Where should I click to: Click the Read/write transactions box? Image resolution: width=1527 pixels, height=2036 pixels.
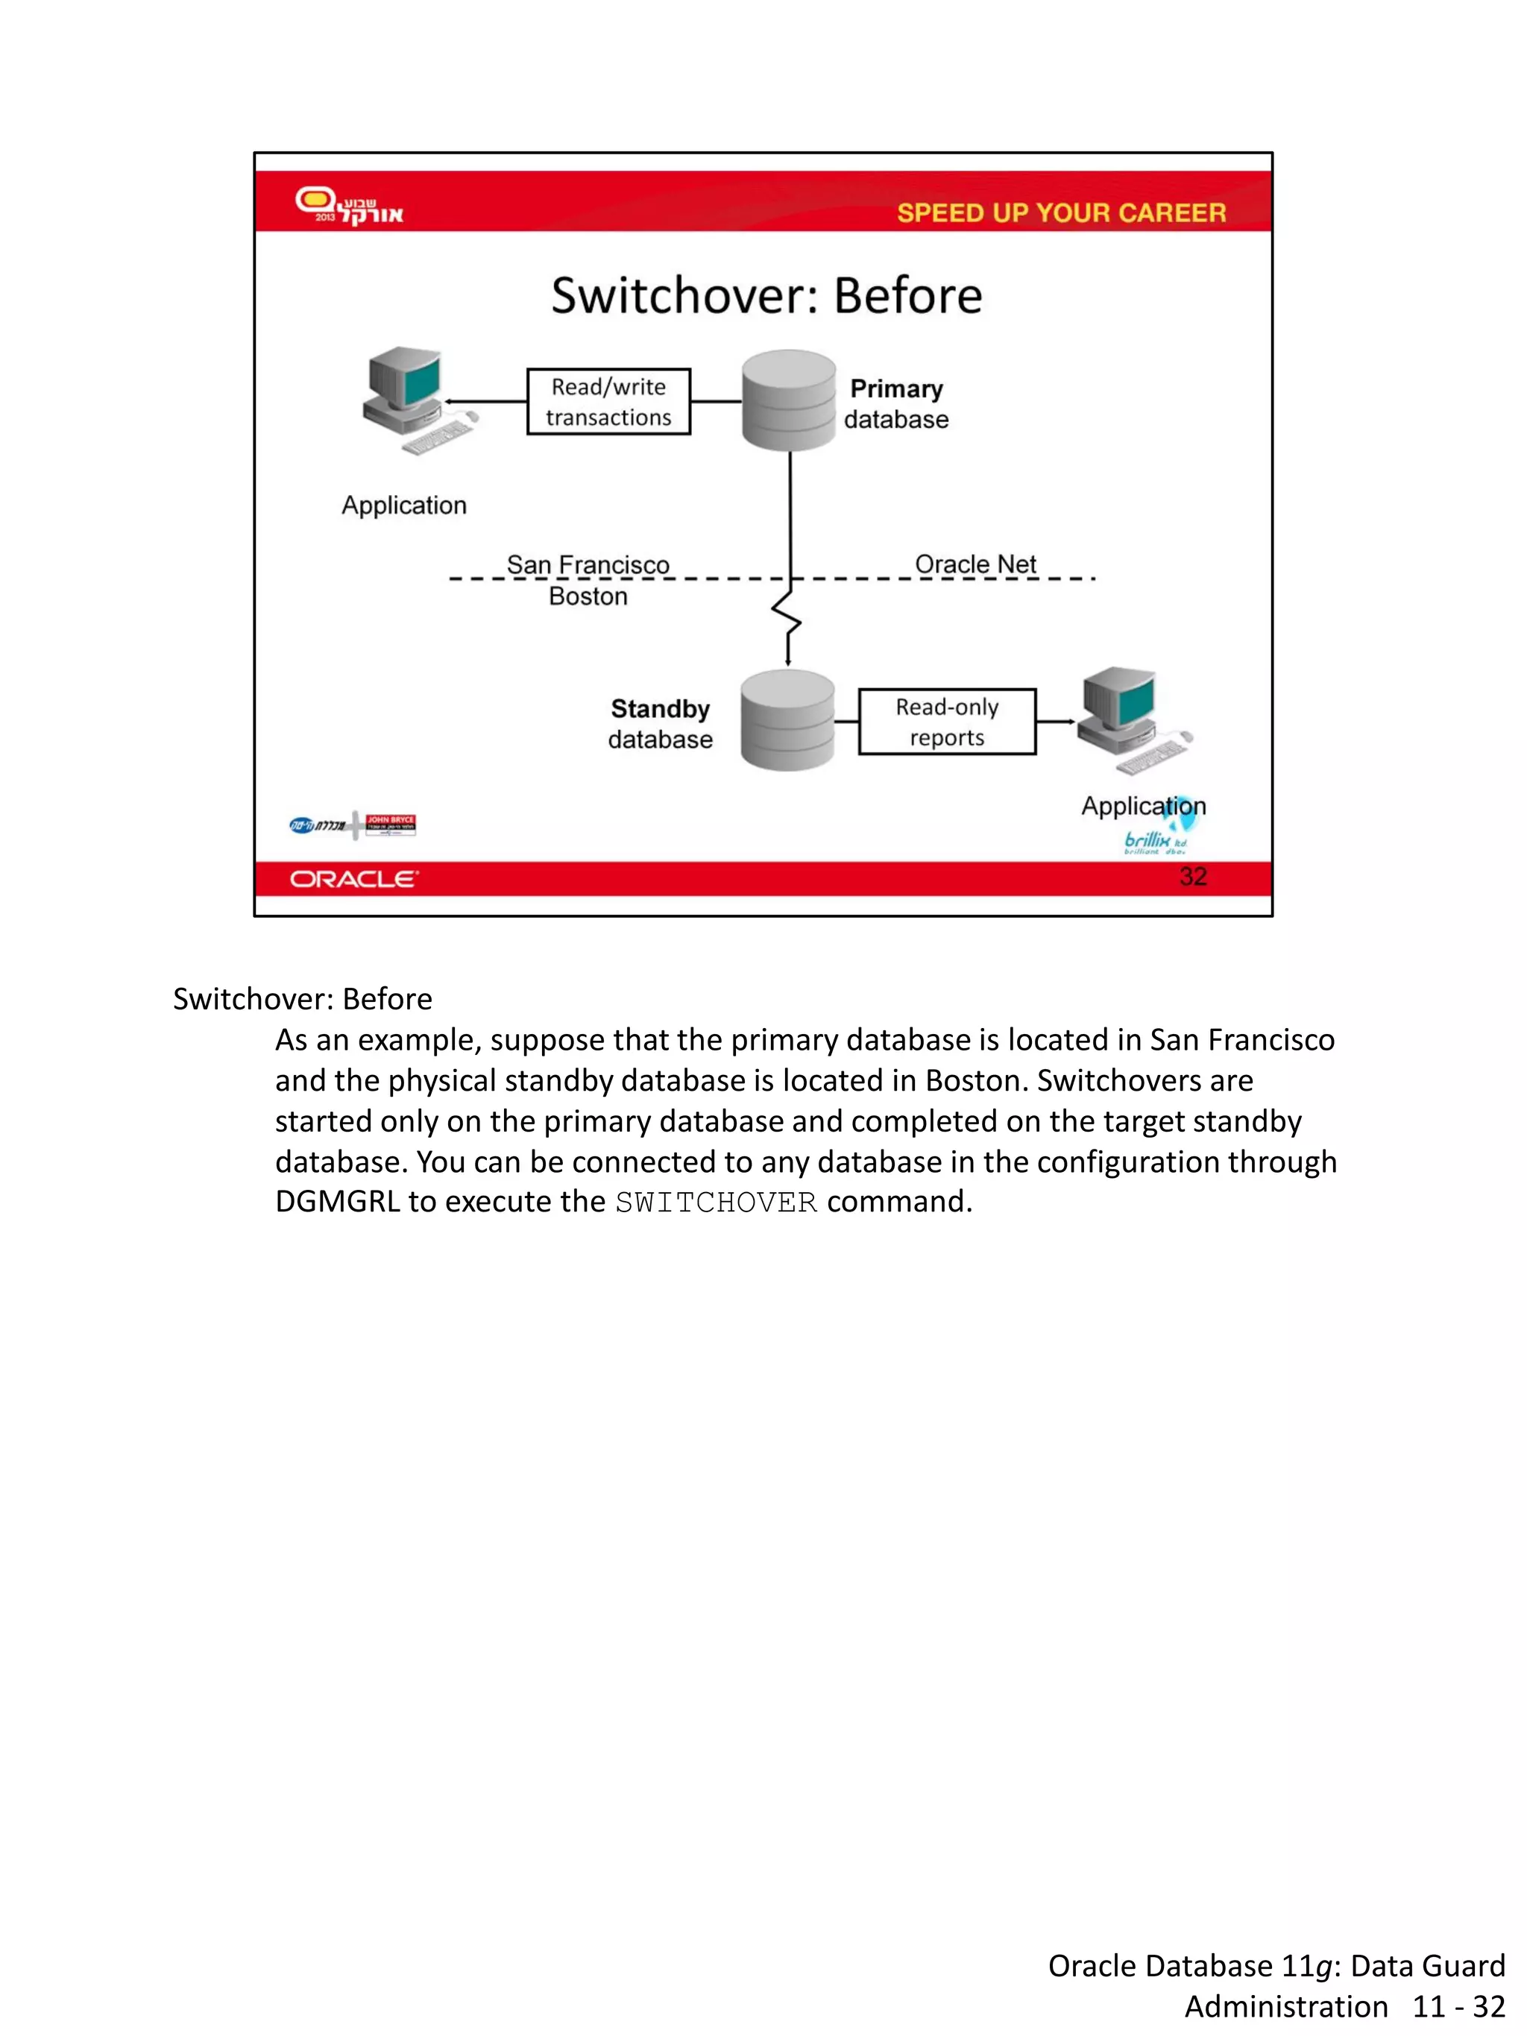(x=608, y=401)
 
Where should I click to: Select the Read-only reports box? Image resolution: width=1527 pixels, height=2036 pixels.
(x=946, y=722)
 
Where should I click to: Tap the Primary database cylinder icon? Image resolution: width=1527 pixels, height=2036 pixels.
(x=789, y=400)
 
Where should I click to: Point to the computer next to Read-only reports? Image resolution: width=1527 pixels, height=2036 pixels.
(x=1131, y=719)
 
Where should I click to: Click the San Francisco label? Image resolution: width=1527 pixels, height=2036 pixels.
(x=588, y=564)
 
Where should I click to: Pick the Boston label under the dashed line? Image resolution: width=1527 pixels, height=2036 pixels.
(x=588, y=596)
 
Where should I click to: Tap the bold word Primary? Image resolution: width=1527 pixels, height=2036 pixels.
(x=895, y=388)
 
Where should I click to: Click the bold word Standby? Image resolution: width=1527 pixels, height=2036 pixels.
(x=660, y=709)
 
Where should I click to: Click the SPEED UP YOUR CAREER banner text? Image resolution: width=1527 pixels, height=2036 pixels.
(x=1060, y=212)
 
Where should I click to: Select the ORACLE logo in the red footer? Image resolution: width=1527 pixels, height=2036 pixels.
(x=353, y=879)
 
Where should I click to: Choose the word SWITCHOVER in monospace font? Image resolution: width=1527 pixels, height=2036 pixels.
(x=716, y=1202)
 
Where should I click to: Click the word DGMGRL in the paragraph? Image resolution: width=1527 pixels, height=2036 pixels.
(x=337, y=1202)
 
